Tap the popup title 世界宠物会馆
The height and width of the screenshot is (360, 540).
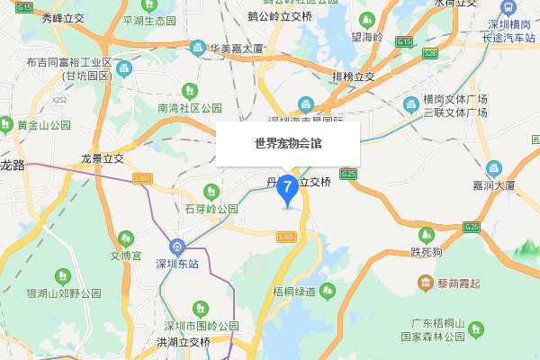coord(287,142)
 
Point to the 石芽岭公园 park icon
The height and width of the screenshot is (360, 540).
coord(211,191)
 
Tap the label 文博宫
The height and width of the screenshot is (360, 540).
coord(127,256)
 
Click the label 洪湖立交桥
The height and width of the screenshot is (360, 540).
coord(183,342)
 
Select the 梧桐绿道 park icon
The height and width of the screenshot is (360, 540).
coord(328,291)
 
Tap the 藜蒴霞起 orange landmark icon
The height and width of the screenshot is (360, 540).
coord(425,284)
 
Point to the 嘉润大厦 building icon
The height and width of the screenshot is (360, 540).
coord(493,168)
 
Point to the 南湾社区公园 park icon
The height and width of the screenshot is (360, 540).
coord(189,90)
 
